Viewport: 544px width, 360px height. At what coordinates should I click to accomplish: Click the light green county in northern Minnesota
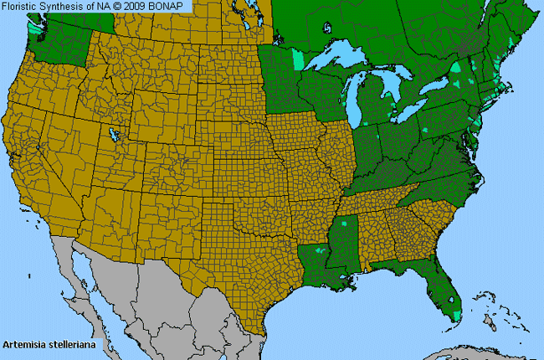pyautogui.click(x=299, y=60)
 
